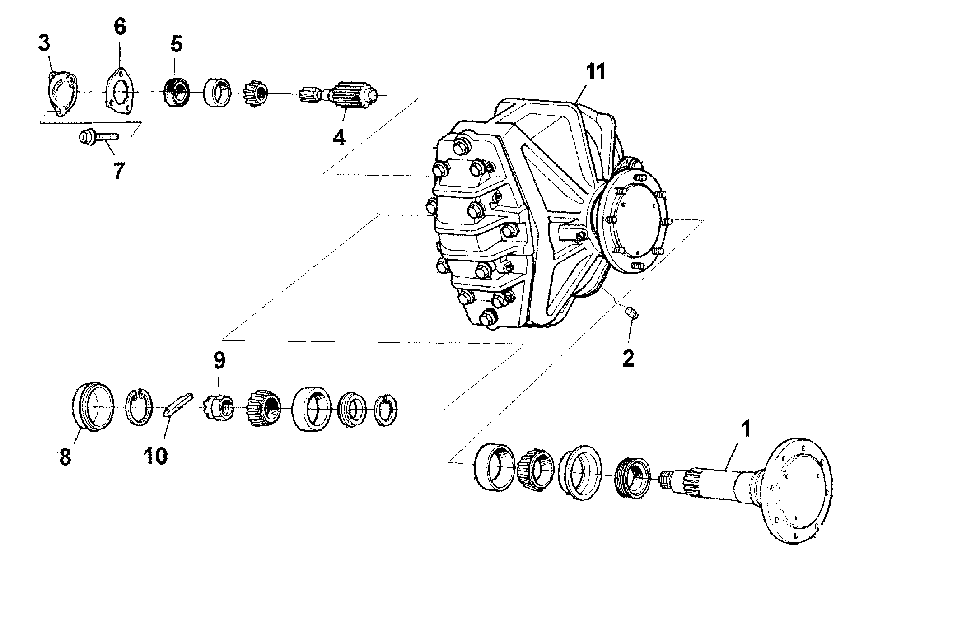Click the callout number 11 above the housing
click(595, 72)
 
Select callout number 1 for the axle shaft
click(746, 429)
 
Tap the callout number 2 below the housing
click(628, 359)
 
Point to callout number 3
click(44, 44)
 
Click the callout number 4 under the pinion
click(339, 136)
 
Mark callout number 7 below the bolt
click(118, 171)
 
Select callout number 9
click(219, 361)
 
